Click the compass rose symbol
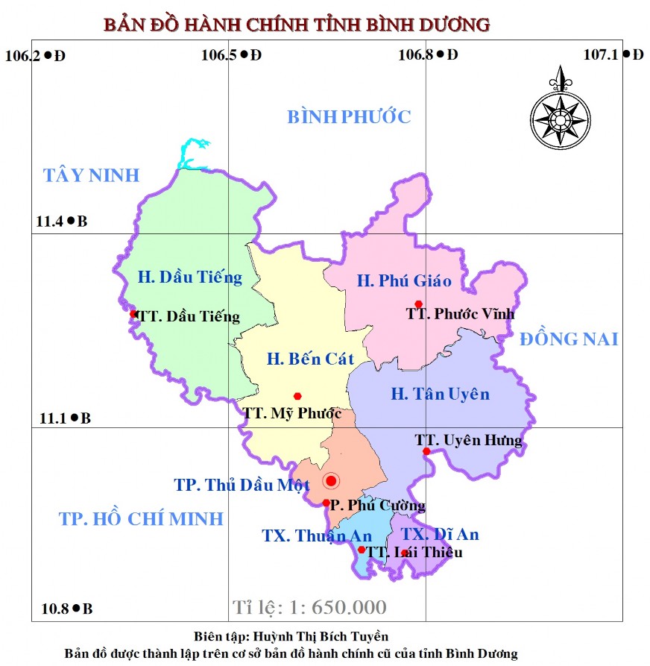point(558,115)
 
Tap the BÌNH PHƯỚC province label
point(349,116)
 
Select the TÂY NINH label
point(91,175)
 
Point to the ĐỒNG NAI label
point(569,339)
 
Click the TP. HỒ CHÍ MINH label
point(141,518)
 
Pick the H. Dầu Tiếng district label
point(190,277)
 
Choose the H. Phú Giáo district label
point(404,280)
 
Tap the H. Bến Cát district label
point(310,359)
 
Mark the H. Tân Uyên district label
point(441,394)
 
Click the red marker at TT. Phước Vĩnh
point(419,304)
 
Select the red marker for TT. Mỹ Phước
point(297,396)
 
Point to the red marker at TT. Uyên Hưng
point(426,451)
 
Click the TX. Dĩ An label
point(440,534)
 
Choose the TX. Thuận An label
point(317,535)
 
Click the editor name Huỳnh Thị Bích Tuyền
point(321,636)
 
